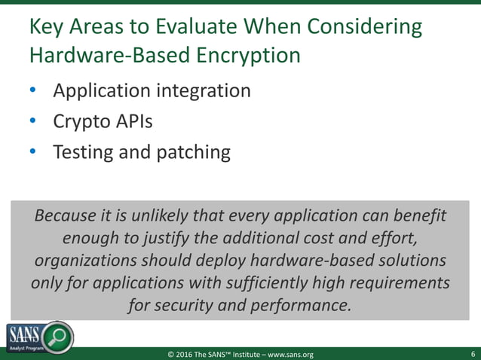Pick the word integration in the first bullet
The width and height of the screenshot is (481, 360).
pos(204,91)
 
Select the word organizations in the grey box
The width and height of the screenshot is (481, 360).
pos(84,261)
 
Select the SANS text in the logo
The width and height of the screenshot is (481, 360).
pos(24,333)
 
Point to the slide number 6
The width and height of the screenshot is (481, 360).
pos(472,353)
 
